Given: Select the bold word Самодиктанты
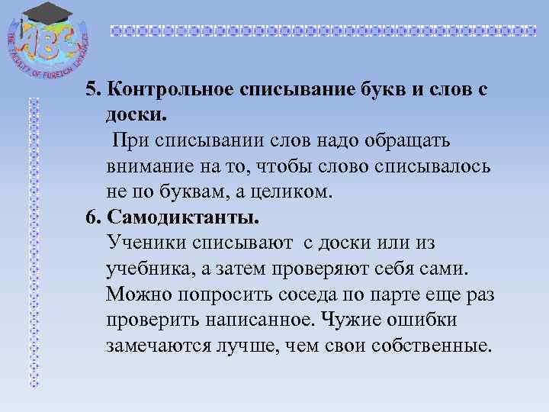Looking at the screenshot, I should [x=184, y=217].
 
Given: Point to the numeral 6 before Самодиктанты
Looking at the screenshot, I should [x=91, y=217].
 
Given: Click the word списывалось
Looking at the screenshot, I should [x=428, y=166].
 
